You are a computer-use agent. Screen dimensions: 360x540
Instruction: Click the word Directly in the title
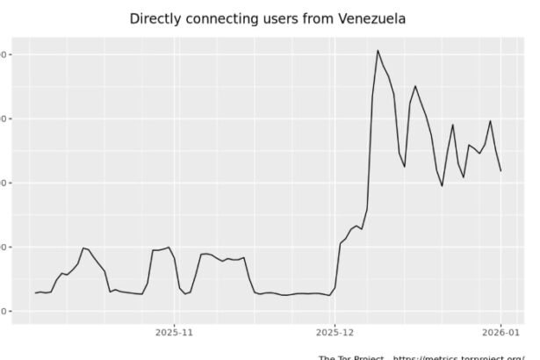[155, 18]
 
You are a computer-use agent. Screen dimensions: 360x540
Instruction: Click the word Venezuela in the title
[373, 18]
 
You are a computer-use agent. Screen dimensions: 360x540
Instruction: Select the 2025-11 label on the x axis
[174, 333]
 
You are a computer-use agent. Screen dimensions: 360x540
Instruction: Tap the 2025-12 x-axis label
[335, 333]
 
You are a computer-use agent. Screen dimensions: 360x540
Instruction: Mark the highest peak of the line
[378, 50]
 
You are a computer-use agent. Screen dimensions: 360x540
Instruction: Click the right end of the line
[501, 170]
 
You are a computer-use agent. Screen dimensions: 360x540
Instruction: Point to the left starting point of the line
[35, 292]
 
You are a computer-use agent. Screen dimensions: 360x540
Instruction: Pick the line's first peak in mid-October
[83, 248]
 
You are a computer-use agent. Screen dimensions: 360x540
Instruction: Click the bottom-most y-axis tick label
[5, 311]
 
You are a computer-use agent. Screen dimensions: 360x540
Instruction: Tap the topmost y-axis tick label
[5, 54]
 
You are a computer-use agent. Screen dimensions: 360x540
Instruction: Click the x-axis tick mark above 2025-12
[335, 323]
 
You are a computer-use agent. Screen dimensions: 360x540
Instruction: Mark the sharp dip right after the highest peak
[405, 167]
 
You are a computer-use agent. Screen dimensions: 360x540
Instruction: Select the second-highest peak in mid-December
[415, 86]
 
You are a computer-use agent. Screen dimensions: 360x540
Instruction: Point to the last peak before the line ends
[491, 121]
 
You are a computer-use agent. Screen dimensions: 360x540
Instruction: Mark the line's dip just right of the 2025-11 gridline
[185, 293]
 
